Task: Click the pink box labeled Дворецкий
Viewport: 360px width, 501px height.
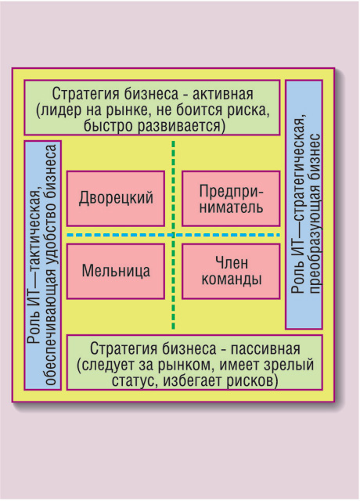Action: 116,198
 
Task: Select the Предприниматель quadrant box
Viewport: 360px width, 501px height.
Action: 231,198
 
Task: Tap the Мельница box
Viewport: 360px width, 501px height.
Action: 116,272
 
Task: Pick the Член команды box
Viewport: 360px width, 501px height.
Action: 231,272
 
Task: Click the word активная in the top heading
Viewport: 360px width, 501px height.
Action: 222,94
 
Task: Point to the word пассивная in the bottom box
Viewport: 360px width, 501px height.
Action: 265,348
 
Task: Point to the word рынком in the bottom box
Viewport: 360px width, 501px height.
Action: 186,365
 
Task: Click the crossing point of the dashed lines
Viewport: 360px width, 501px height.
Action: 174,235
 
